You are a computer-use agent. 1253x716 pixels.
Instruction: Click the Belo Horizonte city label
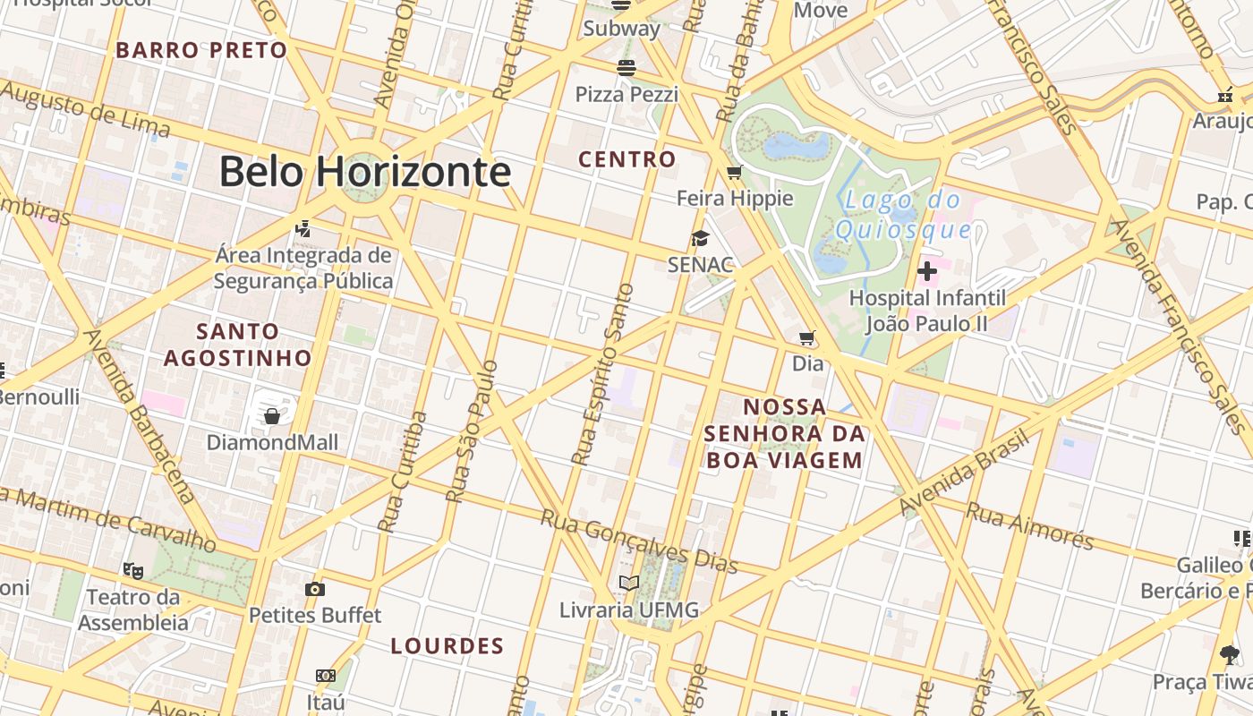364,171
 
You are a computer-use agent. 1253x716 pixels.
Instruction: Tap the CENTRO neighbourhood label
626,160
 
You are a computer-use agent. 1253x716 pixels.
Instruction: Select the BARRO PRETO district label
201,50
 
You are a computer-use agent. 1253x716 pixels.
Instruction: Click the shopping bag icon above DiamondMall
272,416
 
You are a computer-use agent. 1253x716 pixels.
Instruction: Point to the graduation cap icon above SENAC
700,238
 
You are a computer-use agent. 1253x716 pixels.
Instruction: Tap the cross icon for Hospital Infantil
927,270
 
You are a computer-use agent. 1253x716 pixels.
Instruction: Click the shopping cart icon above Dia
807,338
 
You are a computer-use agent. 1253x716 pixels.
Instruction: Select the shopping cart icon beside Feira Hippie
735,172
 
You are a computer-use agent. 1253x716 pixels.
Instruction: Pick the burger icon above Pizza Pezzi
626,68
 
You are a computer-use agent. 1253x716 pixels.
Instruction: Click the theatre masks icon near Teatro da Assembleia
132,569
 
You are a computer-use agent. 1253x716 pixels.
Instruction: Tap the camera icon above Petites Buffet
314,589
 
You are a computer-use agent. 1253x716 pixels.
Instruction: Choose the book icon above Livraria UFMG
629,584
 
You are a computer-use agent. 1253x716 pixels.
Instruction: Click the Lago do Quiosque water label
902,216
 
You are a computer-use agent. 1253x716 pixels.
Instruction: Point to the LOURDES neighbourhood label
447,645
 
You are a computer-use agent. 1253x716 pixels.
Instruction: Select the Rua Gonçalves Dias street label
639,541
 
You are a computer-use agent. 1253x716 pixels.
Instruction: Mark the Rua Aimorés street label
1030,526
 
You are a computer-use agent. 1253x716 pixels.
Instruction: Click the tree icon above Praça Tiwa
1230,655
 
